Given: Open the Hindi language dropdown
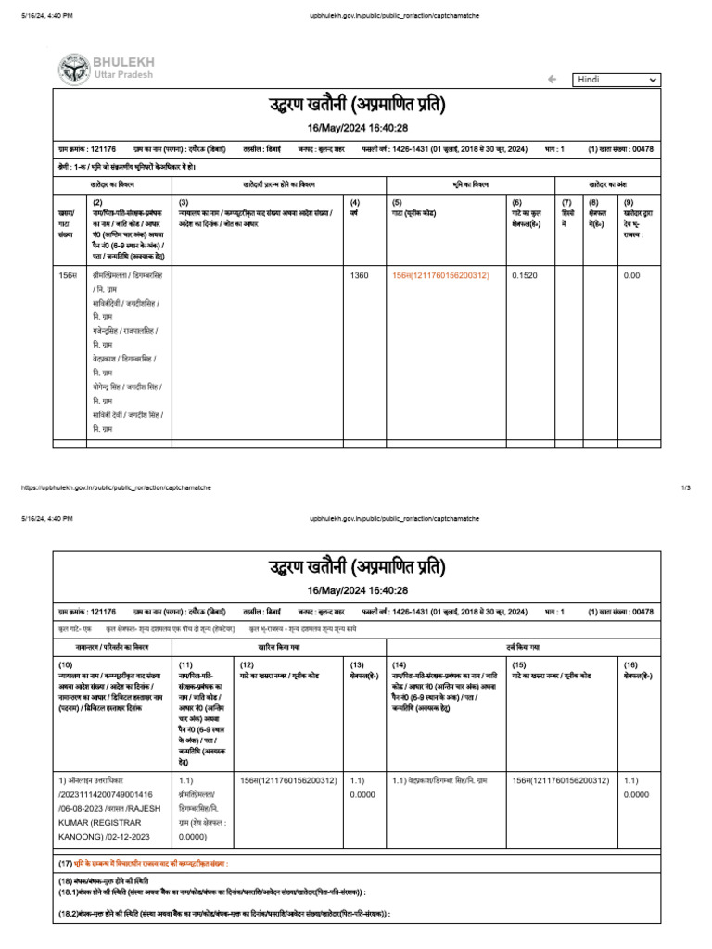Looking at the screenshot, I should pyautogui.click(x=617, y=80).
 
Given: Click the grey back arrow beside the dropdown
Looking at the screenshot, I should pyautogui.click(x=553, y=80).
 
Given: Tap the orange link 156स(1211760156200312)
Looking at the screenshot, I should pyautogui.click(x=440, y=275).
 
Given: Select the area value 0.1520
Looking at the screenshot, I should pyautogui.click(x=524, y=275).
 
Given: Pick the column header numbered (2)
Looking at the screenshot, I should pyautogui.click(x=97, y=202).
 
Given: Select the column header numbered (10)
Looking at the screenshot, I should pyautogui.click(x=66, y=664).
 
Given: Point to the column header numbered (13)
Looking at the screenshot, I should pyautogui.click(x=357, y=664).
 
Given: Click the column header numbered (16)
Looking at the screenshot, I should pyautogui.click(x=630, y=664).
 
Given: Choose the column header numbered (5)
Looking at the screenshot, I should pyautogui.click(x=397, y=202).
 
